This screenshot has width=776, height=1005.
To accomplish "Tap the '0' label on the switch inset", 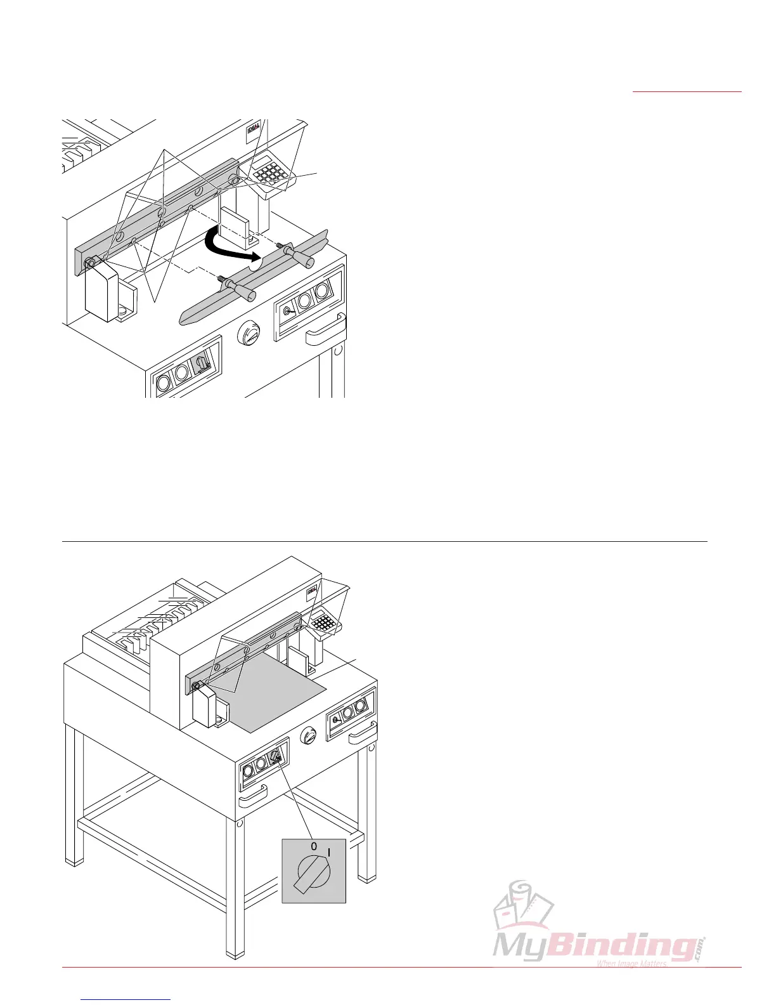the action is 313,846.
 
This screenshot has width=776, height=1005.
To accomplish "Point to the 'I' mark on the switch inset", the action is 328,853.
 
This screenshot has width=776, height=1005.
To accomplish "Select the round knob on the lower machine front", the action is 309,737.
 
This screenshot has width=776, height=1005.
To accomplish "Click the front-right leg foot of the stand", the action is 366,878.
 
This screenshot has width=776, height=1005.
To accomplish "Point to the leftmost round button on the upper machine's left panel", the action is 163,383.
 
